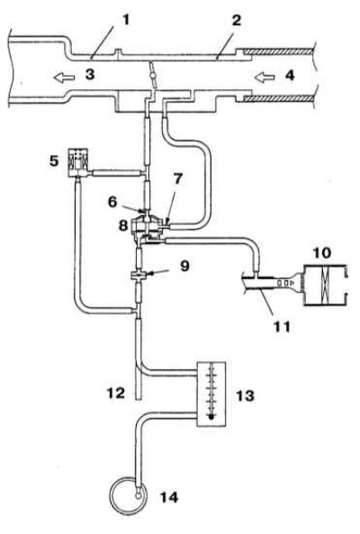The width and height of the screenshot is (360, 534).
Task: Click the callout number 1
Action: pyautogui.click(x=126, y=20)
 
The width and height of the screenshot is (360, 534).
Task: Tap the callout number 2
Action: pyautogui.click(x=236, y=20)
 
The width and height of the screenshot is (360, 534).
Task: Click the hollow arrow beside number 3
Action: pyautogui.click(x=64, y=78)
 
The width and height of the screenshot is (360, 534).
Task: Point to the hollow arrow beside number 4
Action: pyautogui.click(x=265, y=78)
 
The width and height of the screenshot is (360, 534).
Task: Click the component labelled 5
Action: pyautogui.click(x=78, y=162)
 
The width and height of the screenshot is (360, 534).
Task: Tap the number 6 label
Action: pyautogui.click(x=112, y=202)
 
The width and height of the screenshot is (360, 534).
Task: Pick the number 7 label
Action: pyautogui.click(x=178, y=179)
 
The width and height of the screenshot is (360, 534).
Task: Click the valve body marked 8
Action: pyautogui.click(x=147, y=228)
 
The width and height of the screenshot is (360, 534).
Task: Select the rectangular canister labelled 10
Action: pyautogui.click(x=325, y=285)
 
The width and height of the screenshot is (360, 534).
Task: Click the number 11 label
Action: pyautogui.click(x=283, y=327)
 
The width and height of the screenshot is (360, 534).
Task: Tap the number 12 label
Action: pyautogui.click(x=116, y=393)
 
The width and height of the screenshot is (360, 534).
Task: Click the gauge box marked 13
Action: pyautogui.click(x=211, y=394)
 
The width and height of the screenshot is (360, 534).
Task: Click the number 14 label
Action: pyautogui.click(x=169, y=498)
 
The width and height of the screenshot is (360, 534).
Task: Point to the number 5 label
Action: pyautogui.click(x=54, y=161)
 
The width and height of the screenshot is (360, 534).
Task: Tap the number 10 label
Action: pyautogui.click(x=322, y=253)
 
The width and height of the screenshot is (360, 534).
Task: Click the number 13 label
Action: pyautogui.click(x=245, y=395)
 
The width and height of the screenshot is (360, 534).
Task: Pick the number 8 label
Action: pyautogui.click(x=123, y=225)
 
